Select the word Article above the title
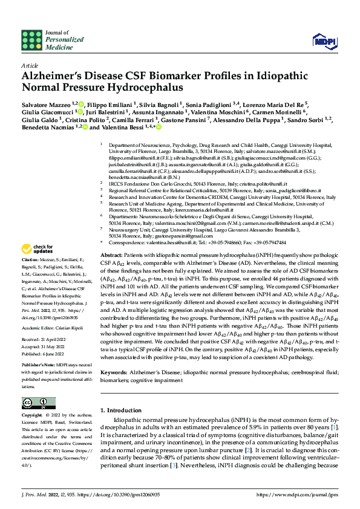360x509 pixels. tap(29, 65)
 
